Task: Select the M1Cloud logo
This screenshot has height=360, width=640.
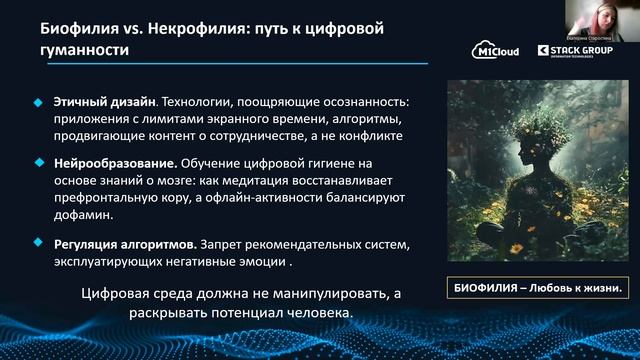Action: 497,50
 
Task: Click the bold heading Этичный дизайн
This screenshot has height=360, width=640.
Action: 104,101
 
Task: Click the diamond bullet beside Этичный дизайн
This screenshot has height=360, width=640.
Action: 38,102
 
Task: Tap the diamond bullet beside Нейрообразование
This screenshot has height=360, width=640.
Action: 38,162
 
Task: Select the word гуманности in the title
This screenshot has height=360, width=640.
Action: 85,48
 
